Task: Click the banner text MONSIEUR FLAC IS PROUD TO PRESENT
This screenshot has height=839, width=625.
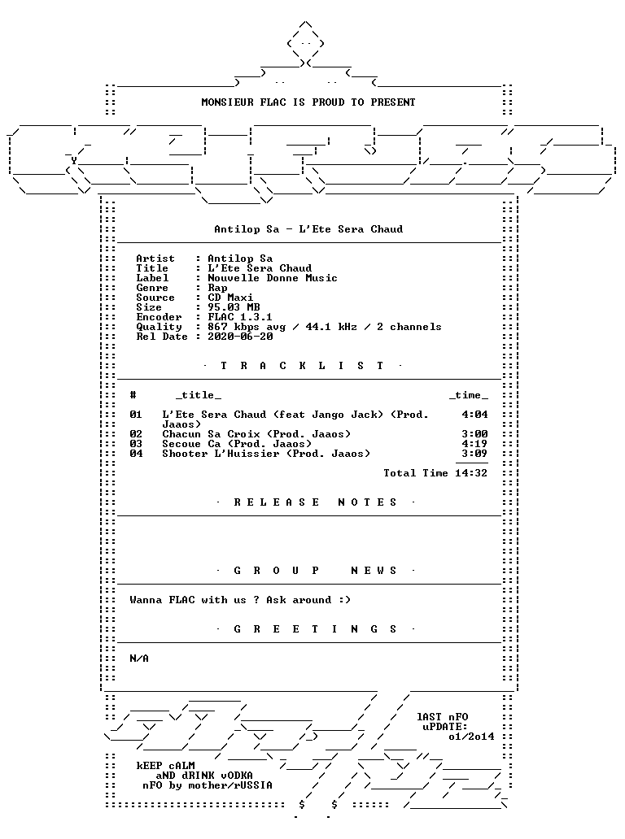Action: (x=308, y=102)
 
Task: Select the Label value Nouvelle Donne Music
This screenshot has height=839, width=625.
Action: (x=273, y=278)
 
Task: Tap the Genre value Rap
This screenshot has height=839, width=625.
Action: (x=217, y=288)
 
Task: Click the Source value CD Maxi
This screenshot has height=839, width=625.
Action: (x=230, y=298)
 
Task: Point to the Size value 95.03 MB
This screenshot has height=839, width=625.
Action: (x=234, y=307)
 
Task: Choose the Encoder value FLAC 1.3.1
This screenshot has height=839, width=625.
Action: (x=240, y=317)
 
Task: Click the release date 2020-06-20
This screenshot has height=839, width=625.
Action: (x=240, y=337)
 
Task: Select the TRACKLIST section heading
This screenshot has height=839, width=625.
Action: (x=303, y=366)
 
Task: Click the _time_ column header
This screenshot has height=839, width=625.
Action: (x=469, y=395)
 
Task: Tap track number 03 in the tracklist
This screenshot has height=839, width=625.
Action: (x=136, y=444)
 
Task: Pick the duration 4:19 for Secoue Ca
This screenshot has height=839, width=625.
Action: (x=474, y=444)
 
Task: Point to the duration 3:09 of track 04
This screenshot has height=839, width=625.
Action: (x=474, y=453)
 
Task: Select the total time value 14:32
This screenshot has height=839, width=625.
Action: (x=471, y=473)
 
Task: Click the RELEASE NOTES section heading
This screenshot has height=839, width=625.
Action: (x=316, y=502)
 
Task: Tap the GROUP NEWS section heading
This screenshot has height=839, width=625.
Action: (x=316, y=571)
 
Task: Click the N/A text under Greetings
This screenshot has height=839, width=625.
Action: (x=139, y=659)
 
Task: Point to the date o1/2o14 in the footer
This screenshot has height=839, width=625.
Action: (x=471, y=737)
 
